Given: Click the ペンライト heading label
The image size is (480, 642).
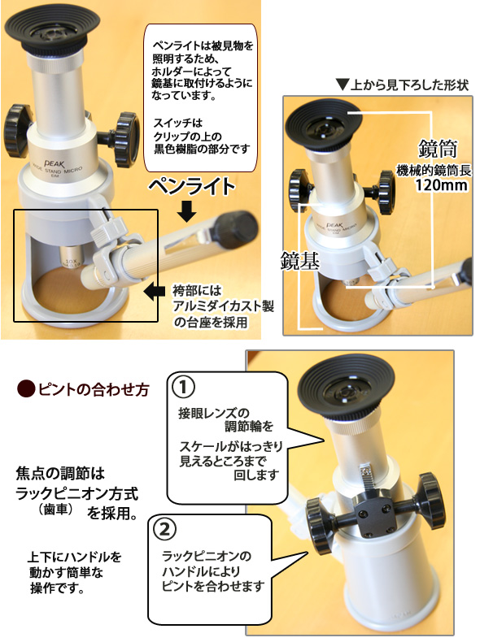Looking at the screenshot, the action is (191, 187).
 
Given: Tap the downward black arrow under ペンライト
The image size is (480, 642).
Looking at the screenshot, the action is (187, 211).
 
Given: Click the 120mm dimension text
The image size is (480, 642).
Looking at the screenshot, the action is (442, 185).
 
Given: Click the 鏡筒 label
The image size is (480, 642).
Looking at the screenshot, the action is (438, 150).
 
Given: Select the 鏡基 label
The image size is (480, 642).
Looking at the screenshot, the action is (299, 260).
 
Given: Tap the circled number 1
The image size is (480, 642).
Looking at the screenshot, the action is (183, 386).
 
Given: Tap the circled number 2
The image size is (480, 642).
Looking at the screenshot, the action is (164, 529).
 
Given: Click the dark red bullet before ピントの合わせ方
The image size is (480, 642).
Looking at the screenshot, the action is (26, 388).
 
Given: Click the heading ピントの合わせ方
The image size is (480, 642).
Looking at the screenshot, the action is (93, 389).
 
